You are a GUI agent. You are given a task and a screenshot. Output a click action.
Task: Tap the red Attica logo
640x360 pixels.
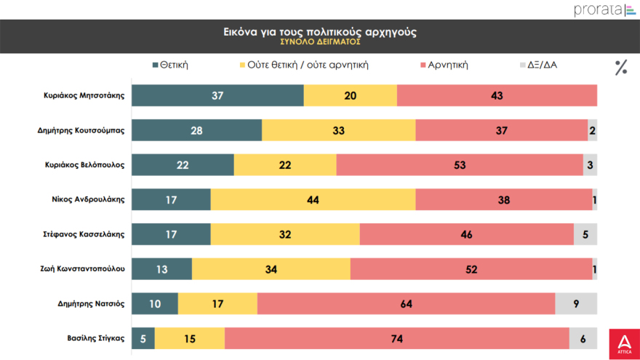[x=623, y=343]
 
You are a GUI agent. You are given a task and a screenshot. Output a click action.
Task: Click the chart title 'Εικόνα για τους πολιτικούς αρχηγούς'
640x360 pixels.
[x=320, y=32]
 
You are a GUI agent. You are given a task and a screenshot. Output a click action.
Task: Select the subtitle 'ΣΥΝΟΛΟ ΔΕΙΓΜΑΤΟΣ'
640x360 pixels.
[x=320, y=42]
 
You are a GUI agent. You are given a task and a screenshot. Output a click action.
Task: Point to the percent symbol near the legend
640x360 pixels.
[x=620, y=68]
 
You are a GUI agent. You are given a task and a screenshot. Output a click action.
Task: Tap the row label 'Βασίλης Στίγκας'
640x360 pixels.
[x=96, y=338]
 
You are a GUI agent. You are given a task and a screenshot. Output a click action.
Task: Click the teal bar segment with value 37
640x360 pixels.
[x=217, y=95]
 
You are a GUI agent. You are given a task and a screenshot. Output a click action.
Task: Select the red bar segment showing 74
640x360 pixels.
[x=396, y=338]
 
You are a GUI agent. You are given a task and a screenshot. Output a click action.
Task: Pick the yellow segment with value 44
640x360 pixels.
[x=313, y=199]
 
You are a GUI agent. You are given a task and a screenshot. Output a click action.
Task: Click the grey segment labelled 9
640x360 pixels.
[x=576, y=304]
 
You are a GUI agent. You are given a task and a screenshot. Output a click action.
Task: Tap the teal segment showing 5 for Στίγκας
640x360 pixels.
[x=143, y=338]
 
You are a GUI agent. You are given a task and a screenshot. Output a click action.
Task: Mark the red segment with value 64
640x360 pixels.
[x=406, y=304]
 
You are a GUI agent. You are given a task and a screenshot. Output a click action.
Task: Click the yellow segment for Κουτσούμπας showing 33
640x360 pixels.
[x=338, y=130]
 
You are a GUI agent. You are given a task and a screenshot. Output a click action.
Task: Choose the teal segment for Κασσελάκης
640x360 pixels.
[x=171, y=234]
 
